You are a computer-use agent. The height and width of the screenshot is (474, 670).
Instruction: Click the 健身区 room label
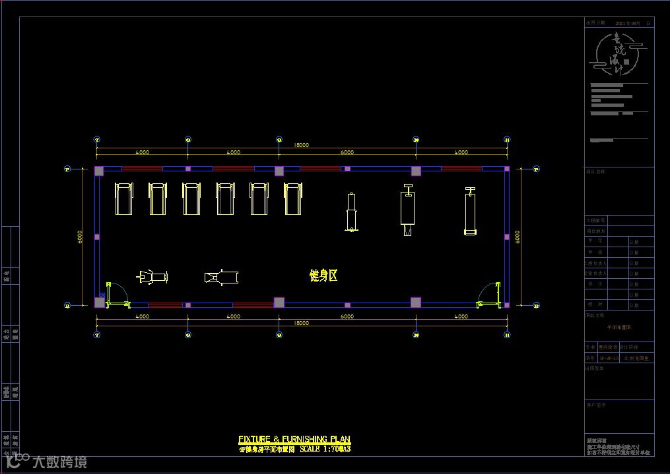[x=323, y=276]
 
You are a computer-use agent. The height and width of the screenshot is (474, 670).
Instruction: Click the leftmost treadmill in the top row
[x=123, y=198]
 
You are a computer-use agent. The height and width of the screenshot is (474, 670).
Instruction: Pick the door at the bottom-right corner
[x=488, y=294]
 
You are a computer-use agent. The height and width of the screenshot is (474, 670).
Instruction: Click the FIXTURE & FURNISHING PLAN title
[x=294, y=439]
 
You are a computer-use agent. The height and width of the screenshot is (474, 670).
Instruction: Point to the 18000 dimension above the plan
[x=301, y=145]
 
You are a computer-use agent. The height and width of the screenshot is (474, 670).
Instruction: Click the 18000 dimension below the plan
[x=301, y=324]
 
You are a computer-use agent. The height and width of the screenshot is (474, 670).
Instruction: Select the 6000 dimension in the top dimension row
[x=347, y=152]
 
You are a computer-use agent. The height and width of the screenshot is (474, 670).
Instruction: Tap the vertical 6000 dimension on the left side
[x=80, y=236]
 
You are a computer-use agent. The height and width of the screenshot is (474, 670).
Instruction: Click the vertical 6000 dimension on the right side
[x=518, y=236]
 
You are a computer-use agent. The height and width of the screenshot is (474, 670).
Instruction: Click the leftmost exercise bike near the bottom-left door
[x=152, y=277]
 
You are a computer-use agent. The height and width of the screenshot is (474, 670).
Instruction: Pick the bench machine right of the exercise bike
[x=221, y=278]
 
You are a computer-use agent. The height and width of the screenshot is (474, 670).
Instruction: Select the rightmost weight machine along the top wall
[x=470, y=211]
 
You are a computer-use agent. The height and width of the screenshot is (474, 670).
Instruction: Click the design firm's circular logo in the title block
[x=618, y=54]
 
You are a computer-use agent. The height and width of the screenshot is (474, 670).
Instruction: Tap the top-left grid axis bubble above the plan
[x=97, y=140]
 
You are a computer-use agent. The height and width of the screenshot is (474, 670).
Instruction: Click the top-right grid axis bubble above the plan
[x=507, y=140]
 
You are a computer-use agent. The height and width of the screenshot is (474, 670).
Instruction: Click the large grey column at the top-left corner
[x=99, y=171]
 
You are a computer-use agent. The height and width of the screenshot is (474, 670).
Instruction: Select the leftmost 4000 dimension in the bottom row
[x=142, y=316]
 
